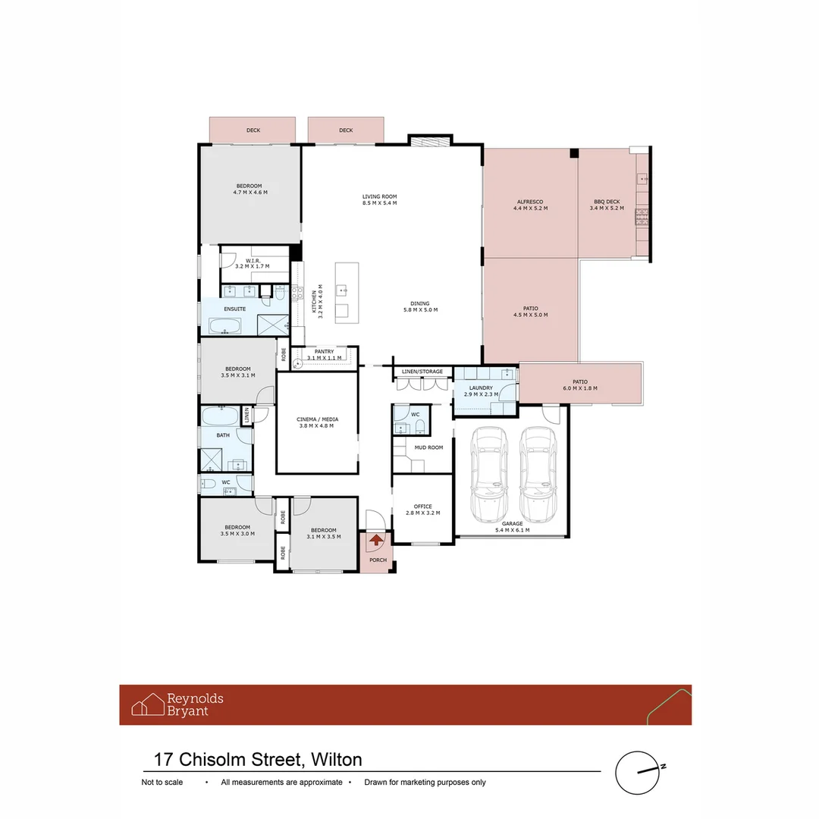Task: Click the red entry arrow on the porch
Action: tap(375, 541)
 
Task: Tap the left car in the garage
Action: tap(488, 475)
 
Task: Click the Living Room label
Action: tap(379, 197)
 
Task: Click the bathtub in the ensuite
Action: tap(224, 327)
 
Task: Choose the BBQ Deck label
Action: tap(607, 202)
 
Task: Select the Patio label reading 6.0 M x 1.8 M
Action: tap(580, 388)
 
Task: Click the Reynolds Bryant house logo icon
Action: tap(148, 704)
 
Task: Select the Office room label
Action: tap(422, 507)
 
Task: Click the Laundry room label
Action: tap(481, 388)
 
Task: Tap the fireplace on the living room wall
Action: tap(429, 140)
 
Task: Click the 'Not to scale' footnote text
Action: tap(162, 783)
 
